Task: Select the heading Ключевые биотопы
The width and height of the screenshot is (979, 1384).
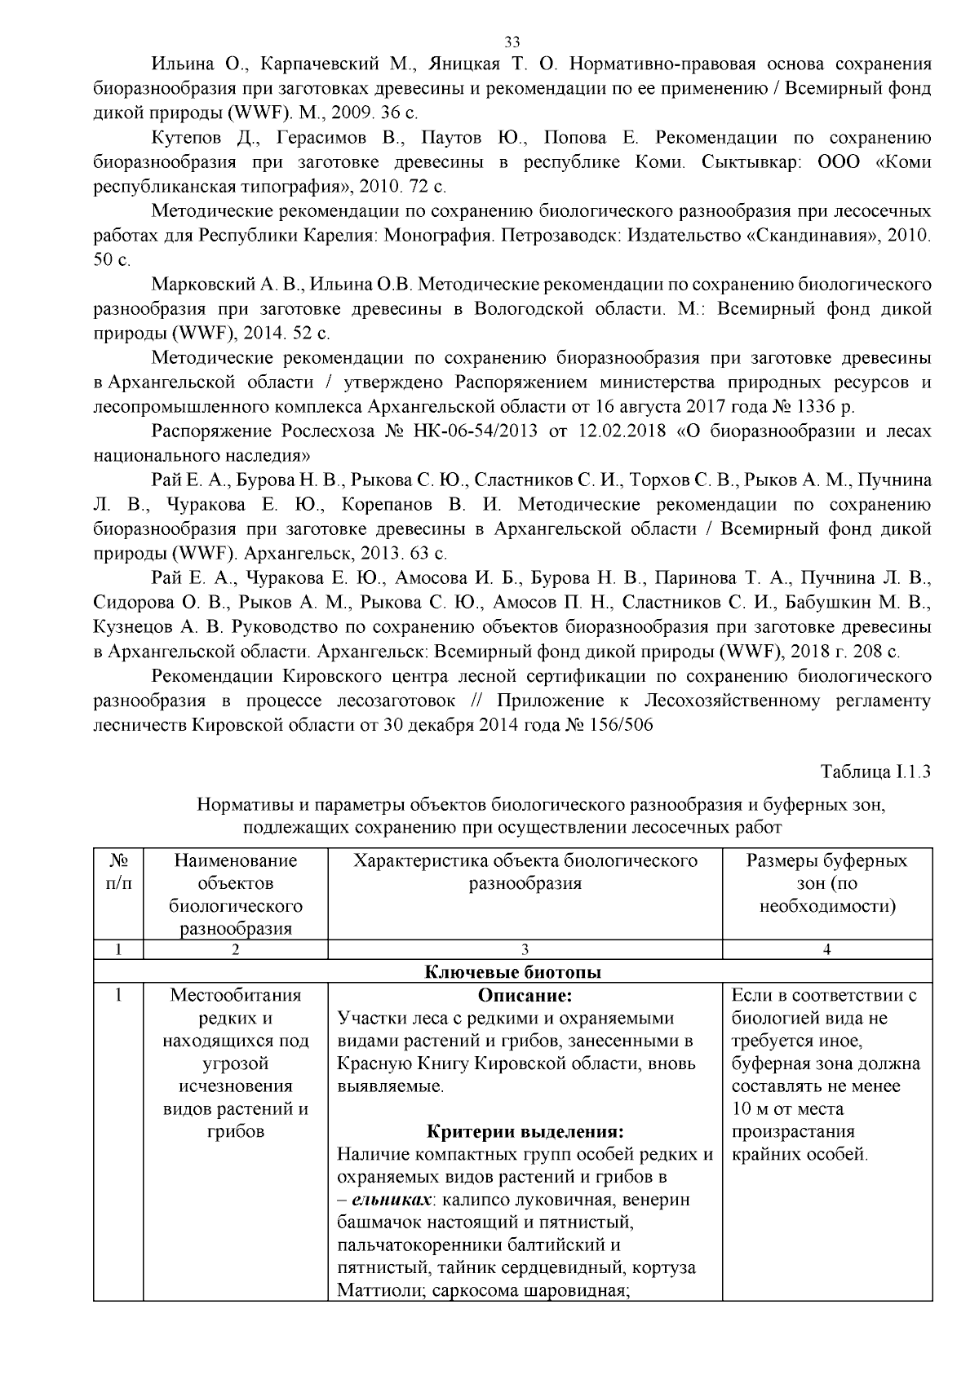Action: (513, 972)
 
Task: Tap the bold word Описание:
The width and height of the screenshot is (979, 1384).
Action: (525, 996)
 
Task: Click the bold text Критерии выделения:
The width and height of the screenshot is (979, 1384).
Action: (525, 1132)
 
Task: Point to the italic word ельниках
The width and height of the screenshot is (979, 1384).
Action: (387, 1200)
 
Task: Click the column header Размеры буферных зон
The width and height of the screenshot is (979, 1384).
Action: (827, 883)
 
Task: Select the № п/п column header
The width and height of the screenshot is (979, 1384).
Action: (119, 872)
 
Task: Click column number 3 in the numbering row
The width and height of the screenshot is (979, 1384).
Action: (525, 949)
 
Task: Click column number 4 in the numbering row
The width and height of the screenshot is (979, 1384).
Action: (827, 949)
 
